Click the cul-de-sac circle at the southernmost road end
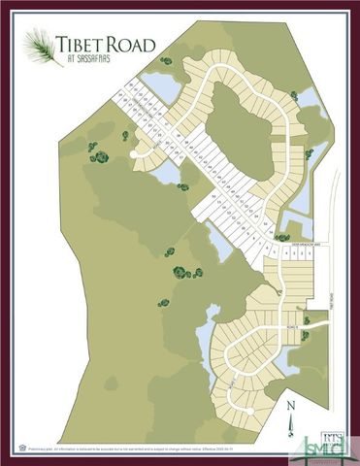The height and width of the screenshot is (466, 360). point(250,412)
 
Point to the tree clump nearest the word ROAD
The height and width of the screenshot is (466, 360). point(166,61)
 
